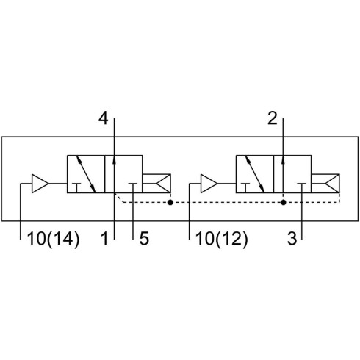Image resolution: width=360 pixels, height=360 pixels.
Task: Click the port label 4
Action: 103,119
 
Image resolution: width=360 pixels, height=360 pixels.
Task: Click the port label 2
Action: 273,118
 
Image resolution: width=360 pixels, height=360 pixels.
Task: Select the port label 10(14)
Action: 54,239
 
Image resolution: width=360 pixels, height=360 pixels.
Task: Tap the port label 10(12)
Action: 222,239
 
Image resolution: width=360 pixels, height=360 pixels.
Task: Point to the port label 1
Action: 104,239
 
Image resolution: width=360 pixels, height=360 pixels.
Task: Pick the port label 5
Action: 144,239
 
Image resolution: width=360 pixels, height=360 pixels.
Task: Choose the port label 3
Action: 292,239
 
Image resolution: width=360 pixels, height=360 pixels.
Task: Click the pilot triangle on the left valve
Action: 40,184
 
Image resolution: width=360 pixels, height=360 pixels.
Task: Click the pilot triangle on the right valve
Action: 209,184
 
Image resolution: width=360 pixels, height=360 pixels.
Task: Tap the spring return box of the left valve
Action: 156,184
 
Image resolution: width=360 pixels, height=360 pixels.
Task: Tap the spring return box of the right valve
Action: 325,184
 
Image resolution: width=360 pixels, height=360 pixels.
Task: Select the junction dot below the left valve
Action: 170,202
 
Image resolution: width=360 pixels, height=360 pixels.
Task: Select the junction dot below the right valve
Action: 284,202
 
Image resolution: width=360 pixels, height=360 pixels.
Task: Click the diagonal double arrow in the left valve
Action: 86,174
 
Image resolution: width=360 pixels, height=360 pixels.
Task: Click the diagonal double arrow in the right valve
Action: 255,174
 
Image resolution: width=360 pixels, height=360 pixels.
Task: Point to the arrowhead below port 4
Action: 114,159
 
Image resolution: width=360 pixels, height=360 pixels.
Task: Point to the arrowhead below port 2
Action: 283,159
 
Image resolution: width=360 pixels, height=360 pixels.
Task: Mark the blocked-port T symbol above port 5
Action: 133,188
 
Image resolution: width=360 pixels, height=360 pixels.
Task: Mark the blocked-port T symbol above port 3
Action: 302,188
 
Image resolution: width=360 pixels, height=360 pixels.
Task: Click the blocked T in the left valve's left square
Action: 76,188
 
